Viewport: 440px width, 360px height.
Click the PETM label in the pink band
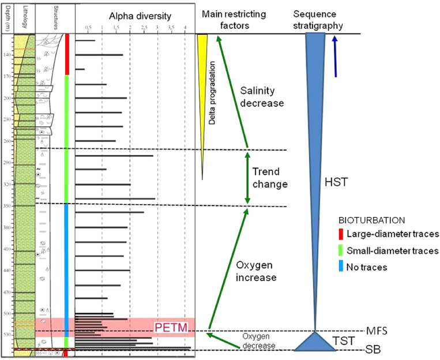tap(170, 328)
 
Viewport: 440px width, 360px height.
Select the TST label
tap(343, 341)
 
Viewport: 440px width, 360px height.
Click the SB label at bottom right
tap(373, 350)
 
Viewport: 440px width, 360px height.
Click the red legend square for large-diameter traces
tap(342, 234)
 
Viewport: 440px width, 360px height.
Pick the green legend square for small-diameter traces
tap(342, 250)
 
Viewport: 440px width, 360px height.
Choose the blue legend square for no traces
tap(342, 267)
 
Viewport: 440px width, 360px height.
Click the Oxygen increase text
tap(256, 271)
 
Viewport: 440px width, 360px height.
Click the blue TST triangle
tap(315, 341)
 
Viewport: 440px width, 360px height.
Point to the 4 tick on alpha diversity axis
tap(185, 27)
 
